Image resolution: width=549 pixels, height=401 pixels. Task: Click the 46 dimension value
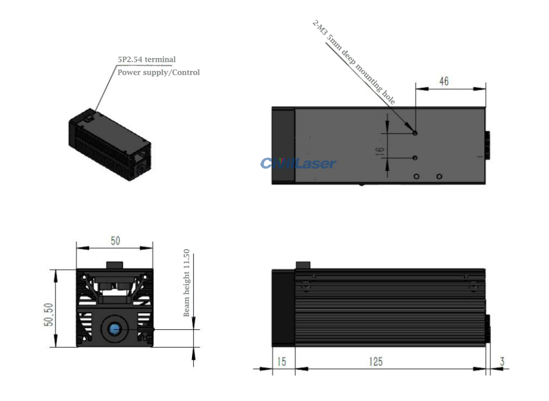(x=444, y=81)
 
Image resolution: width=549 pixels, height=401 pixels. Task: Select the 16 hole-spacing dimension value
(x=379, y=151)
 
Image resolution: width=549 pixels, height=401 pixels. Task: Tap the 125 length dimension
(x=376, y=361)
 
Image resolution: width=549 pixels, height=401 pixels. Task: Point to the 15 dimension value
(x=282, y=361)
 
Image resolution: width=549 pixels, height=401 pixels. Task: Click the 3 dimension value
(x=502, y=361)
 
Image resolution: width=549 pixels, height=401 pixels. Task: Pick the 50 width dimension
(x=115, y=240)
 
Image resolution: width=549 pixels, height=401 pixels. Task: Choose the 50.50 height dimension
(x=48, y=314)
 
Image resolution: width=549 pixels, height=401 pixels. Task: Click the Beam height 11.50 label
(x=186, y=283)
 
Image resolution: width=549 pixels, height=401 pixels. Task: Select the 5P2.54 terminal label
(x=147, y=60)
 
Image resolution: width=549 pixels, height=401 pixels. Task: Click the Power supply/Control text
(x=159, y=73)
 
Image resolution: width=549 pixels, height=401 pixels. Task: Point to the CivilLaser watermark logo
(x=298, y=163)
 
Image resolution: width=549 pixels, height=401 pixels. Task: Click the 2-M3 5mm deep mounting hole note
(x=354, y=62)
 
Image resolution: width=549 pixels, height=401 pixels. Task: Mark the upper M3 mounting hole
(x=415, y=133)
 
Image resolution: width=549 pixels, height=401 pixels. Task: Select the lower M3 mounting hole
(x=415, y=158)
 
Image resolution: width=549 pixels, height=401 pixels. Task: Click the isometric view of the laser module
(x=110, y=145)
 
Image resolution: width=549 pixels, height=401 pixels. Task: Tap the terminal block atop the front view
(x=115, y=265)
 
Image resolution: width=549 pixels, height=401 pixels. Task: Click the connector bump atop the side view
(x=303, y=265)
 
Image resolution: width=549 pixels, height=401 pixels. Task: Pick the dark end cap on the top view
(x=283, y=145)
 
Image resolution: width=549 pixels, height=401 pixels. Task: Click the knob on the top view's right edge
(x=487, y=145)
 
